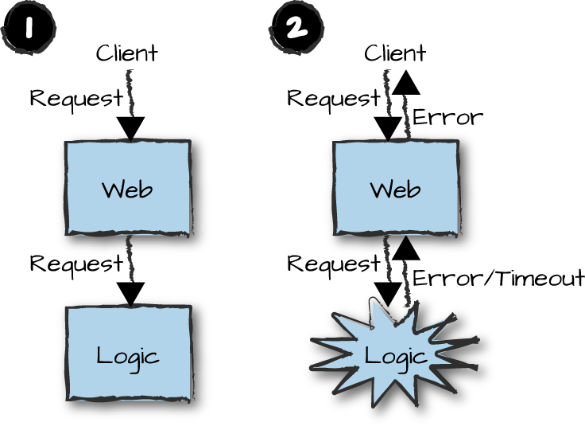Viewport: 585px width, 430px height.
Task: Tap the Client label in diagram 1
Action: pyautogui.click(x=126, y=53)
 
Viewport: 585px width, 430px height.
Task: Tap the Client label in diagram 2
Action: pyautogui.click(x=394, y=53)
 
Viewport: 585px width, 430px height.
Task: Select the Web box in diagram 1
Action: pyautogui.click(x=127, y=189)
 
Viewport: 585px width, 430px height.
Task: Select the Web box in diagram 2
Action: pyautogui.click(x=396, y=189)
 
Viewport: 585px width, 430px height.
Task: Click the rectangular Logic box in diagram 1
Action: pyautogui.click(x=127, y=354)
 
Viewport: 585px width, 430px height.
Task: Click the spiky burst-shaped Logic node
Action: pyautogui.click(x=395, y=355)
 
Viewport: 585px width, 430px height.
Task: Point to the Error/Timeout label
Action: pyautogui.click(x=498, y=278)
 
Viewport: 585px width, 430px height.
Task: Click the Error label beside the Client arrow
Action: pyautogui.click(x=447, y=118)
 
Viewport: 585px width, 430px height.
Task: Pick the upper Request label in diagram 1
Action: pyautogui.click(x=76, y=98)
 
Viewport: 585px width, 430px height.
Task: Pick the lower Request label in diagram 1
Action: pyautogui.click(x=76, y=263)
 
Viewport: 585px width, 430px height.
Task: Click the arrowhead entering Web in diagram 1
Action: pyautogui.click(x=130, y=128)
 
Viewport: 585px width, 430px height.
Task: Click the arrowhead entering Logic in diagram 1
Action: pyautogui.click(x=130, y=294)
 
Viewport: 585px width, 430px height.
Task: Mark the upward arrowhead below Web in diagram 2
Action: pyautogui.click(x=406, y=248)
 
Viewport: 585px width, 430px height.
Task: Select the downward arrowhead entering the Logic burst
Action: pyautogui.click(x=387, y=294)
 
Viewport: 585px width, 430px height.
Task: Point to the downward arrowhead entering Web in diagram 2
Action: pyautogui.click(x=388, y=128)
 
